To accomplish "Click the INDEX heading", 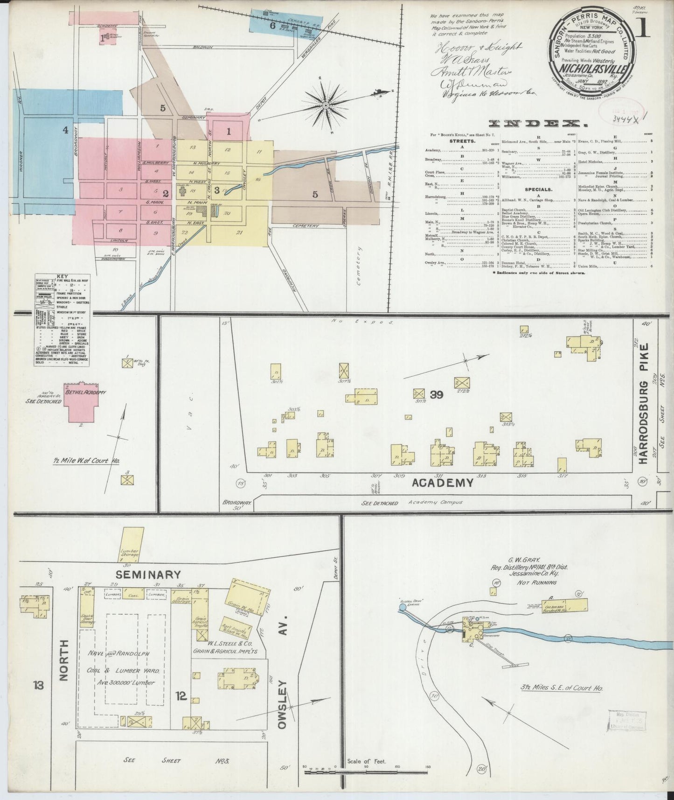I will point(537,124).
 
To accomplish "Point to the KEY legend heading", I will point(62,276).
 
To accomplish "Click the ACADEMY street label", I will point(442,483).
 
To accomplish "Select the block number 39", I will point(437,395).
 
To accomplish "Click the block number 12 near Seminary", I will point(181,696).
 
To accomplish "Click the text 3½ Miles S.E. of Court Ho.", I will point(559,688).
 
